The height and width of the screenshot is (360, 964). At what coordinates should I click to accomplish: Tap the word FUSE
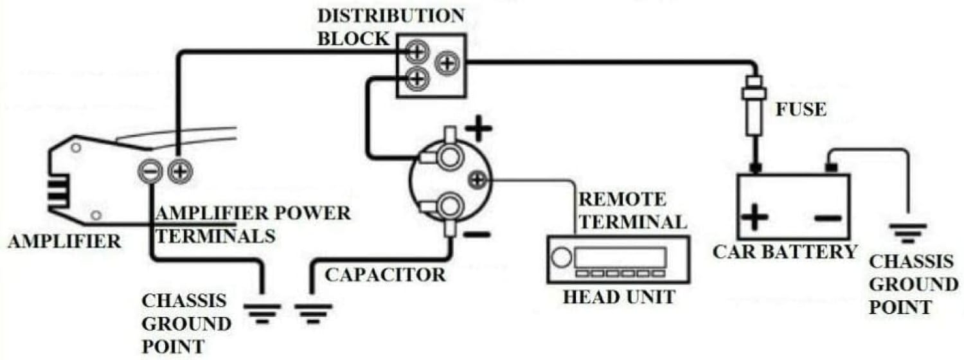[x=801, y=110]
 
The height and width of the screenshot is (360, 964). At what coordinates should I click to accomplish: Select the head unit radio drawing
[x=618, y=259]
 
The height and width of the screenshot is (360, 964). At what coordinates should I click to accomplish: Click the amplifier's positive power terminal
[x=181, y=171]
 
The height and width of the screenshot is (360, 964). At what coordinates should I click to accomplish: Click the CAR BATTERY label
[x=785, y=251]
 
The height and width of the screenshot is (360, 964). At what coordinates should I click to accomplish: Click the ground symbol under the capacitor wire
[x=313, y=312]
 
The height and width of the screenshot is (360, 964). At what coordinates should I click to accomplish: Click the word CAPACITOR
[x=384, y=275]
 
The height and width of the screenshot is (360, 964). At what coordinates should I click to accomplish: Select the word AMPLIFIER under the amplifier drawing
[x=64, y=242]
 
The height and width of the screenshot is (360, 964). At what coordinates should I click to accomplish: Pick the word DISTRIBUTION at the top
[x=390, y=15]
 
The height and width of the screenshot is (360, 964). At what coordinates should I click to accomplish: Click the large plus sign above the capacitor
[x=479, y=130]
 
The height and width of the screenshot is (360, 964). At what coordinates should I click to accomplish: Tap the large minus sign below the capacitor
[x=477, y=235]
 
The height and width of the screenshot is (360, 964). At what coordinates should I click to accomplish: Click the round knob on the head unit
[x=561, y=258]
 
